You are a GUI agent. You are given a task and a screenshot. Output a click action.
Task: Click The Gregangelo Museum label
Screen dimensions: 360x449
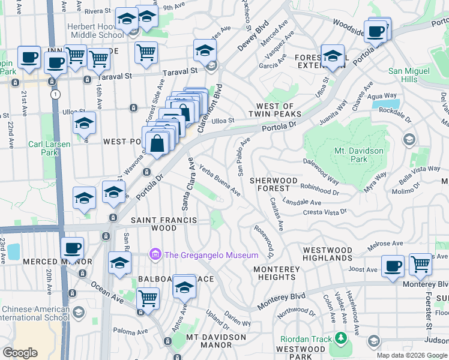[x=211, y=256]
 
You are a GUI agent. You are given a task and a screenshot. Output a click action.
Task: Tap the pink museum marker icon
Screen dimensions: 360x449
[x=156, y=255]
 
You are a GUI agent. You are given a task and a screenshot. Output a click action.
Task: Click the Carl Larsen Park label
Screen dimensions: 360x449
[x=49, y=148]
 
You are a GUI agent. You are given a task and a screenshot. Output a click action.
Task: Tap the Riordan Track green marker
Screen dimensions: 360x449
[x=341, y=339]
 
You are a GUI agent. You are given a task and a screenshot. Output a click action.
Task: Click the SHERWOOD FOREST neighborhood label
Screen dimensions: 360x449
[x=274, y=184]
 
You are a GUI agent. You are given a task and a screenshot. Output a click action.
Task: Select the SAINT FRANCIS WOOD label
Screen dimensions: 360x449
[x=164, y=224]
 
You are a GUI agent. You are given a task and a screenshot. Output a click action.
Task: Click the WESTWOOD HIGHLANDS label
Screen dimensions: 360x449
[x=328, y=254]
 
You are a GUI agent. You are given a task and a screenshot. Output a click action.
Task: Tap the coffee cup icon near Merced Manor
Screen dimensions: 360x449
[x=73, y=248]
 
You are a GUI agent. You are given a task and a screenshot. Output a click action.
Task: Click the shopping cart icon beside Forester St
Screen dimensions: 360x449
[x=420, y=264]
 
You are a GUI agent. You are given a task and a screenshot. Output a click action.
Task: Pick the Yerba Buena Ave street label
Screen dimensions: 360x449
[x=220, y=181]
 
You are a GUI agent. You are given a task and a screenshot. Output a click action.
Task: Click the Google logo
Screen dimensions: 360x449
[x=20, y=353]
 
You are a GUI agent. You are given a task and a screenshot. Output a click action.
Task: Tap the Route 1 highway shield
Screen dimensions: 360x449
[x=55, y=94]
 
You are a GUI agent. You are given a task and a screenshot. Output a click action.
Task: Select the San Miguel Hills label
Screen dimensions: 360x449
[x=411, y=75]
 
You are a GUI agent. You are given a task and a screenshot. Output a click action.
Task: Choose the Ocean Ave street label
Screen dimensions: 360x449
[x=95, y=286]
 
